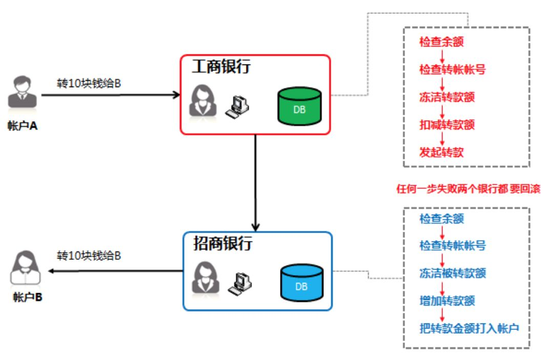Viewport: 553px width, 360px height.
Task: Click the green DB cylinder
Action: click(x=299, y=107)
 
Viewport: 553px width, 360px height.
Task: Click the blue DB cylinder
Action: click(x=302, y=283)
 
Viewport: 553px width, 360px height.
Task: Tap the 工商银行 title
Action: click(x=221, y=67)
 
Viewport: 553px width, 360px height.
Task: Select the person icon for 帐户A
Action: click(x=22, y=93)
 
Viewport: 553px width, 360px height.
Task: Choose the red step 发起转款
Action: click(x=441, y=152)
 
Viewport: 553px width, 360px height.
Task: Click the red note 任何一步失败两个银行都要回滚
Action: click(x=469, y=189)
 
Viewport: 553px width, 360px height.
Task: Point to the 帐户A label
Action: click(x=23, y=125)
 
